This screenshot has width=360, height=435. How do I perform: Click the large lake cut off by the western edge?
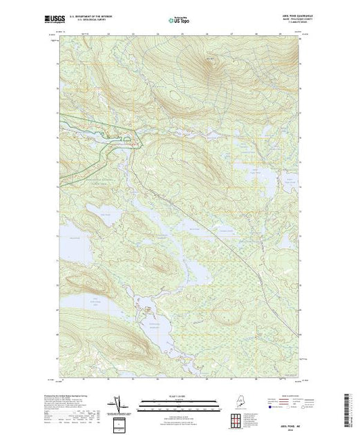[69, 242]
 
